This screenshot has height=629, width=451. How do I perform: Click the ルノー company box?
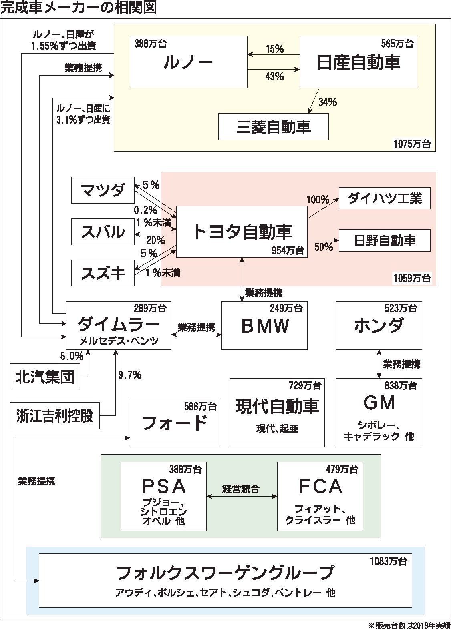click(x=188, y=62)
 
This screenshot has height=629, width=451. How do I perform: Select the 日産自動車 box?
click(x=358, y=62)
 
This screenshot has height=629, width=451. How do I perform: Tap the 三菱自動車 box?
click(x=273, y=127)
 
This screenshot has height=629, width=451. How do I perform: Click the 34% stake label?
click(x=327, y=102)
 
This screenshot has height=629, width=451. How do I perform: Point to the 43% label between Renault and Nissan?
click(x=274, y=77)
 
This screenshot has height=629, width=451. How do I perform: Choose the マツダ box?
click(x=103, y=190)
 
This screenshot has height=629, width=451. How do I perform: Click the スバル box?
click(x=103, y=232)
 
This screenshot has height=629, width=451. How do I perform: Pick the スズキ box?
click(x=103, y=273)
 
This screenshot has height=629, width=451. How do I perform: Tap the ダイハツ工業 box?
click(x=385, y=198)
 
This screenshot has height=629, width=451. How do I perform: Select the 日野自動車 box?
click(x=385, y=240)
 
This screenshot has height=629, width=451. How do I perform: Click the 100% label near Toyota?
click(x=318, y=199)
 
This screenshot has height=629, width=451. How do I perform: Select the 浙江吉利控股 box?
click(x=54, y=416)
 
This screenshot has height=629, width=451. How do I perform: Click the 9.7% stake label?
click(x=129, y=375)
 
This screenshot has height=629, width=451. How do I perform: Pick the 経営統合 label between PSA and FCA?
click(x=241, y=489)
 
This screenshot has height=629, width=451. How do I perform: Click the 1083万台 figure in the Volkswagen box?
click(x=388, y=561)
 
